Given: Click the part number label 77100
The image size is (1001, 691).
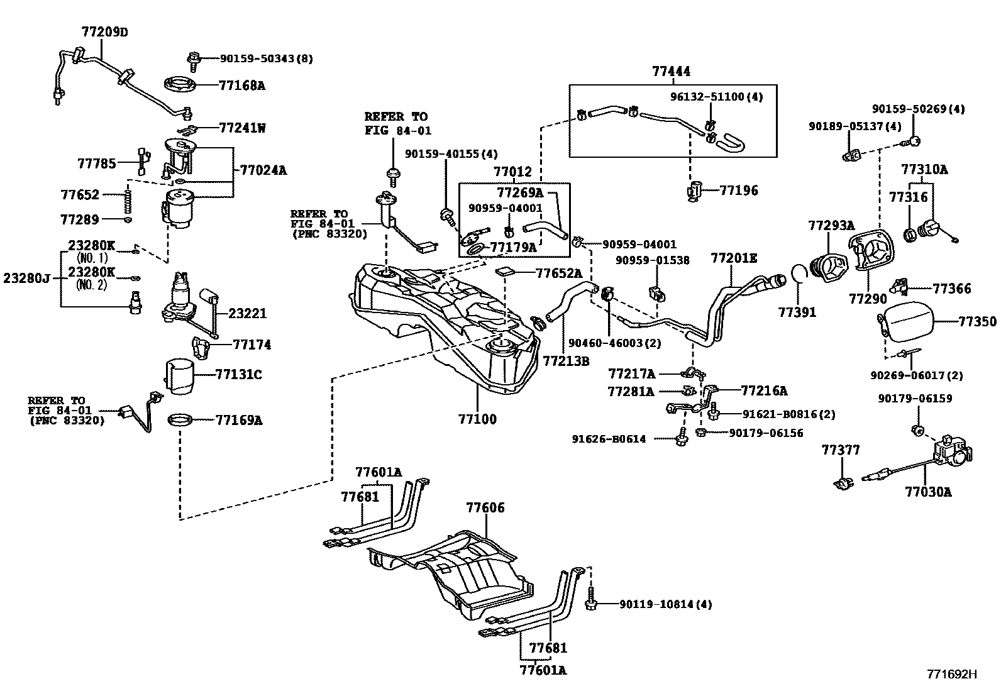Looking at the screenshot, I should (x=477, y=419).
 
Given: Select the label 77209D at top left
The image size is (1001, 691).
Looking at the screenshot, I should (x=104, y=31).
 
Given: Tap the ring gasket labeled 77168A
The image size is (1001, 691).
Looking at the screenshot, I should (x=181, y=84).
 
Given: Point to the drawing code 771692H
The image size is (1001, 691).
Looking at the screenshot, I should (x=952, y=675).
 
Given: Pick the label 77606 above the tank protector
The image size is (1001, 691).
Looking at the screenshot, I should (x=485, y=507).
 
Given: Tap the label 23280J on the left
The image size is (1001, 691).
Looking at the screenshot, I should (x=26, y=277).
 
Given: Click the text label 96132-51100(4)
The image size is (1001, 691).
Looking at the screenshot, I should (x=716, y=97).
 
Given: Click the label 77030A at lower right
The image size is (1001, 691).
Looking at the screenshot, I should (x=928, y=492).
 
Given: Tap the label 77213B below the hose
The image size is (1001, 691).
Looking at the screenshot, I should (x=566, y=361).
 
